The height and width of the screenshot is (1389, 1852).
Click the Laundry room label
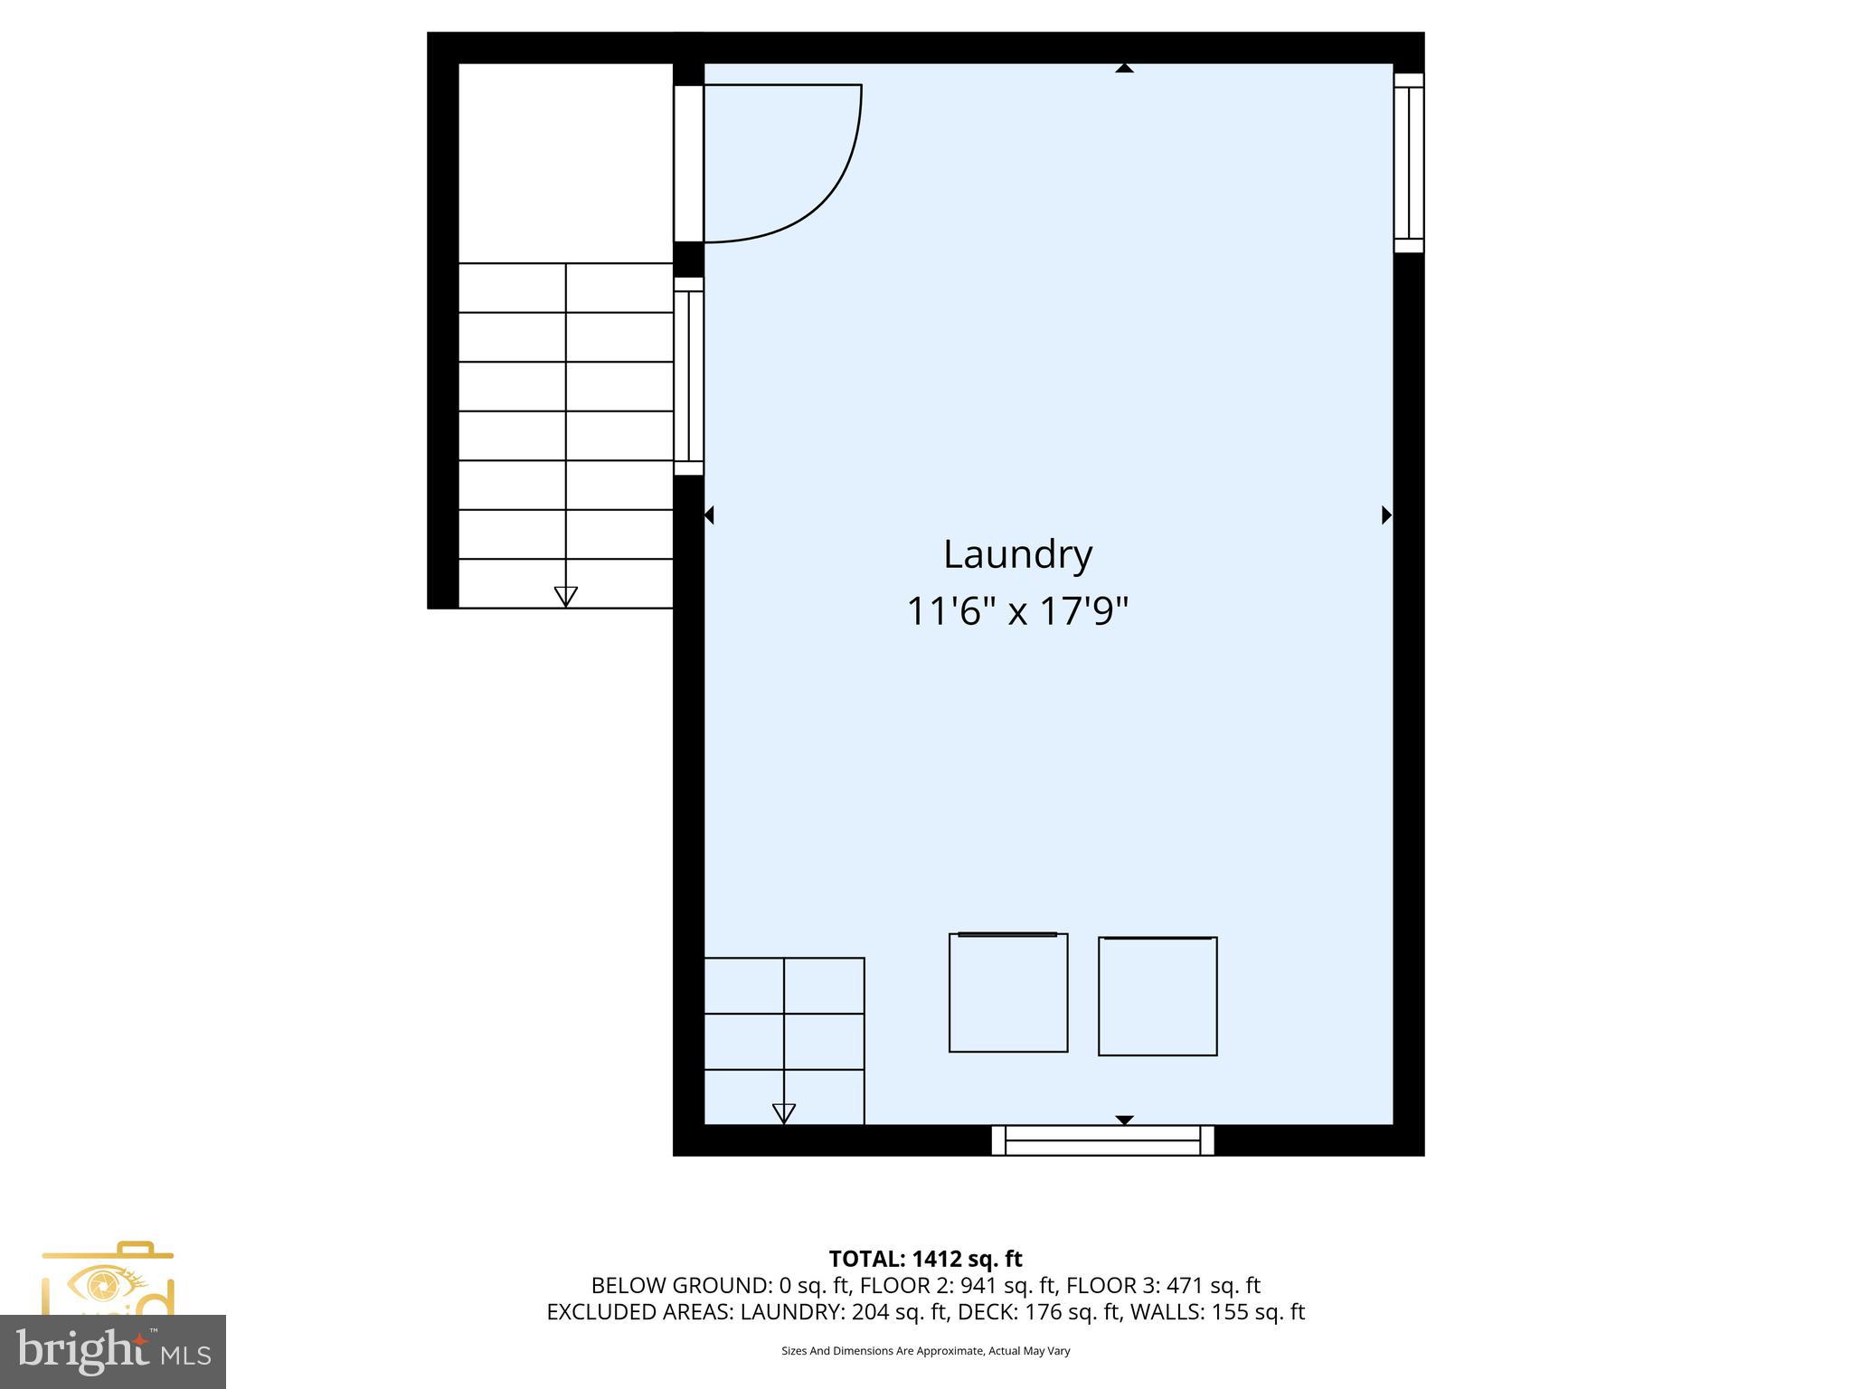click(x=1017, y=554)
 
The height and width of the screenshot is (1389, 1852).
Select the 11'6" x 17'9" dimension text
click(x=1017, y=611)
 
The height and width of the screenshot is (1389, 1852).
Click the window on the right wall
click(x=1408, y=163)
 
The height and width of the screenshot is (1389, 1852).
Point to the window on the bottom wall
click(x=1102, y=1140)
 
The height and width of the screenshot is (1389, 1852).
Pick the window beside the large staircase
click(x=688, y=375)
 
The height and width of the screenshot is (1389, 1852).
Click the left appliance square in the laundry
click(x=1007, y=992)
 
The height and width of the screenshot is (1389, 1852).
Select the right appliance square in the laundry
click(x=1157, y=996)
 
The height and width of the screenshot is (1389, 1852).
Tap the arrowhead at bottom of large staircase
click(x=565, y=596)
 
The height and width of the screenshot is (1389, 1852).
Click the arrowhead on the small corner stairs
click(x=783, y=1113)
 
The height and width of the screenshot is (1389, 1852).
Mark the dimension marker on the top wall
click(x=1124, y=68)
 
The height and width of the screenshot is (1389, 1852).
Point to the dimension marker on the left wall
click(x=709, y=515)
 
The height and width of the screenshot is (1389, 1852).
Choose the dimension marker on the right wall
click(x=1386, y=515)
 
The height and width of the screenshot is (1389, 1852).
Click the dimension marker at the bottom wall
click(x=1124, y=1120)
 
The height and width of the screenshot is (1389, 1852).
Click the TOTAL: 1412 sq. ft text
click(x=925, y=1259)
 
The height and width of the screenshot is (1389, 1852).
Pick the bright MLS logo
click(x=113, y=1351)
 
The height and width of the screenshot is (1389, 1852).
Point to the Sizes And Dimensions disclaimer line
click(x=925, y=1351)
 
